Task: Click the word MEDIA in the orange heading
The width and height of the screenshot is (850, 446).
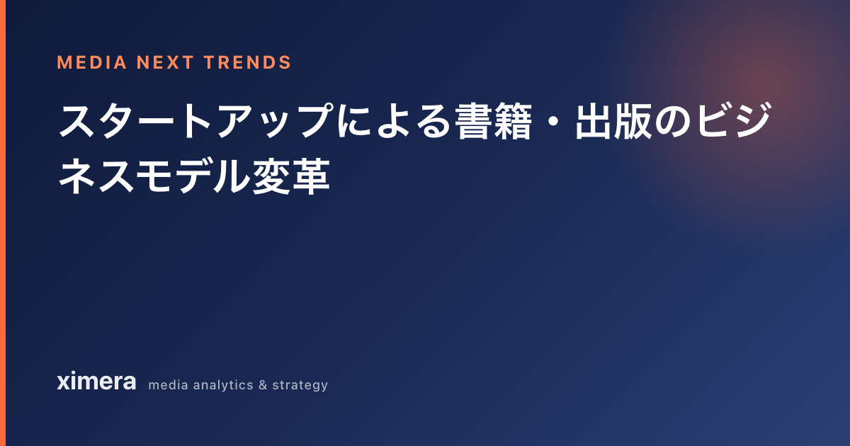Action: pos(91,62)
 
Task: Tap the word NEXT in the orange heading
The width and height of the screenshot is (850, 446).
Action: pos(165,62)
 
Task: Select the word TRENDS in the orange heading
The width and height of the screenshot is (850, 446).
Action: pos(248,62)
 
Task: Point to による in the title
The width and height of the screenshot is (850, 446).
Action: pos(395,120)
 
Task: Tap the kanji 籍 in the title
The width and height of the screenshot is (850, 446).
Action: pos(512,120)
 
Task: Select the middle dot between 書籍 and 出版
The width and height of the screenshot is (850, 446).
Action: pos(553,121)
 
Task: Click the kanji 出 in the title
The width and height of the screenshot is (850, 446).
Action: pos(594,120)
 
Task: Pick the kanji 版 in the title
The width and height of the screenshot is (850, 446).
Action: pos(633,120)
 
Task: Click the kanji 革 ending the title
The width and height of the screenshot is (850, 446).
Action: pos(311,176)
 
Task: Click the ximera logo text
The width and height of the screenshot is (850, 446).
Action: pos(96,381)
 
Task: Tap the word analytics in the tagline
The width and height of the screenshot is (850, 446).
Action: pos(223,385)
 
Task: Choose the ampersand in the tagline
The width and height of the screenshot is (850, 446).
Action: pos(263,385)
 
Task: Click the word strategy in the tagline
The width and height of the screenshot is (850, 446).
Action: pos(300,386)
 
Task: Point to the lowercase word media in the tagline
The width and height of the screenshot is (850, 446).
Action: pos(169,385)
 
